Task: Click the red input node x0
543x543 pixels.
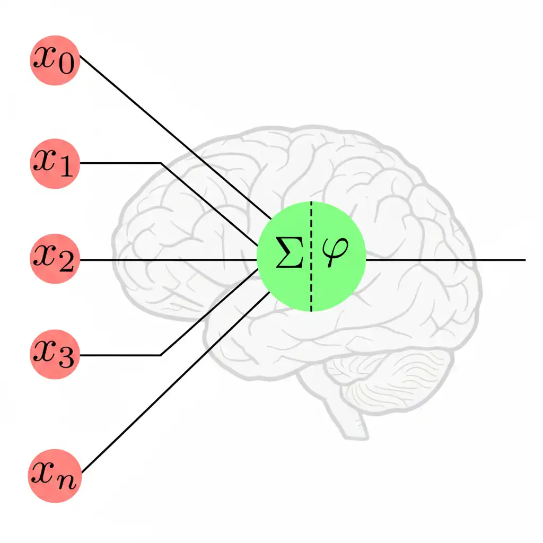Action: [x=54, y=60]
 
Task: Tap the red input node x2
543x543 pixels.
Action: [x=54, y=260]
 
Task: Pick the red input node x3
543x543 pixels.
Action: [x=54, y=354]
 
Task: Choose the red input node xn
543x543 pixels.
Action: [x=54, y=476]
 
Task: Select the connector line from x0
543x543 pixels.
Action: [x=175, y=138]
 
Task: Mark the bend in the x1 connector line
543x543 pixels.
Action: [x=161, y=163]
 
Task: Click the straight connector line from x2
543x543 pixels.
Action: [x=170, y=260]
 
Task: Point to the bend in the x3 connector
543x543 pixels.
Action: [x=161, y=355]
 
